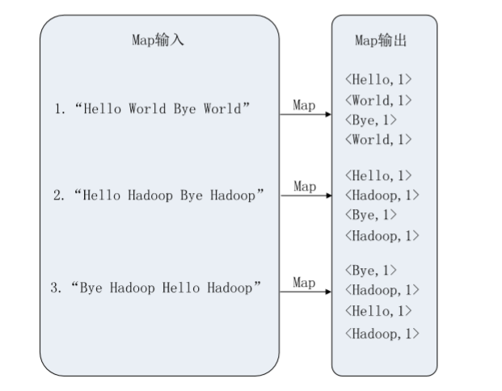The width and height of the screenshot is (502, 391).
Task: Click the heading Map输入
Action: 158,40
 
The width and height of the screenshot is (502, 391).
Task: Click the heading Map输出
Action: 384,40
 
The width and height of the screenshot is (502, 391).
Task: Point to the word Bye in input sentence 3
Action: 95,287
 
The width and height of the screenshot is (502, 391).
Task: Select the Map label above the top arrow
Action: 304,105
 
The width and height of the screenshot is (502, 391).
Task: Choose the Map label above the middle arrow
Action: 304,187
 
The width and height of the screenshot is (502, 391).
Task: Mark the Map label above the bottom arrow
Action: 304,282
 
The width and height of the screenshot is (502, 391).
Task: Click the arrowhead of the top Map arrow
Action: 327,115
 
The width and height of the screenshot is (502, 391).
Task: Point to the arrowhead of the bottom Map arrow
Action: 327,292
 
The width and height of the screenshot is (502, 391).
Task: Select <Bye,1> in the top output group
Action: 371,120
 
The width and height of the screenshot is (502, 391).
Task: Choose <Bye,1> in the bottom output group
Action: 371,270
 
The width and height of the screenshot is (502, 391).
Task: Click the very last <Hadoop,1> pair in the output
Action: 382,332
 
